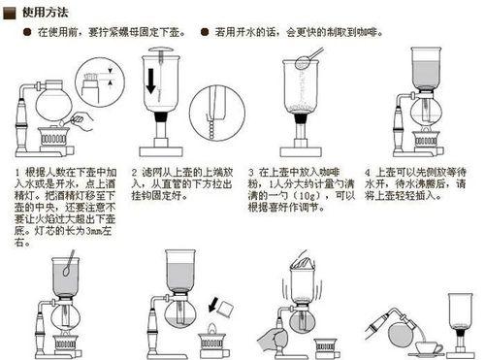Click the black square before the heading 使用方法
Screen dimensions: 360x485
tap(10, 11)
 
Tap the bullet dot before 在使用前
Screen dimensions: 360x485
tap(27, 31)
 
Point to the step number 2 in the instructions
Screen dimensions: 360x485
tap(134, 170)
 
